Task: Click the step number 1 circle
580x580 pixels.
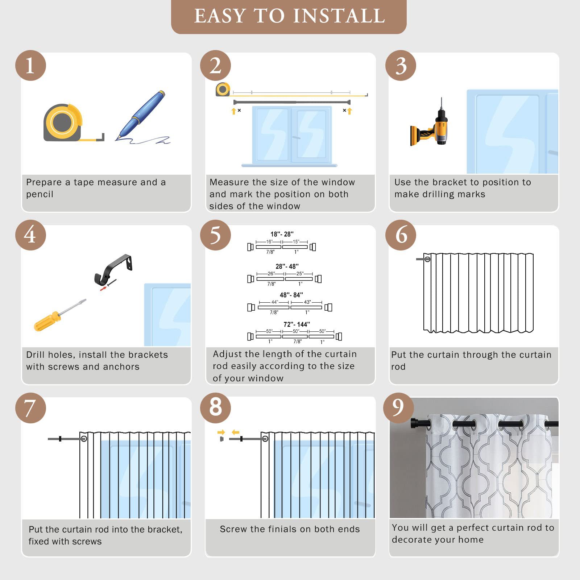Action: click(x=30, y=66)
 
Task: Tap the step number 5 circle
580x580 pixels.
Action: click(x=215, y=235)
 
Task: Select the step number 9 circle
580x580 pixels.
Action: click(x=398, y=408)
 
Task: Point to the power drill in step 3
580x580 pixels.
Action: click(x=431, y=123)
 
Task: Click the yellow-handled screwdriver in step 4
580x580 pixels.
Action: click(x=59, y=315)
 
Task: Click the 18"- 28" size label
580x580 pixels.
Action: click(x=282, y=234)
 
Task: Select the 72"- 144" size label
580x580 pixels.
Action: click(x=297, y=324)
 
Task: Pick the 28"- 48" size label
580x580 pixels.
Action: click(x=287, y=266)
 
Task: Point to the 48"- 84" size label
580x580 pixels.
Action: click(x=291, y=295)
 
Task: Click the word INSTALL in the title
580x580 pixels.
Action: click(x=339, y=16)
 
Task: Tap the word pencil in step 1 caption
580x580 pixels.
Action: click(x=40, y=195)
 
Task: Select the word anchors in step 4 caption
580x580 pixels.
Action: click(x=121, y=367)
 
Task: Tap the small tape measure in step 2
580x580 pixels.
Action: click(x=223, y=90)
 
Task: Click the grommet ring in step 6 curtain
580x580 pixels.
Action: click(x=428, y=259)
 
